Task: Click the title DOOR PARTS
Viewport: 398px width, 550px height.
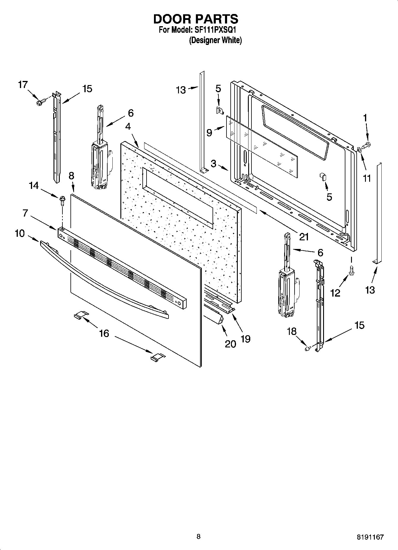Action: [196, 19]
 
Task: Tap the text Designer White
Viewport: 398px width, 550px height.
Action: [215, 40]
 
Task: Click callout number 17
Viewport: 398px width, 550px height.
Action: [23, 85]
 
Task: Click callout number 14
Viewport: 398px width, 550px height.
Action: [34, 186]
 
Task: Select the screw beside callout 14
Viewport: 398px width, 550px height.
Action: [62, 200]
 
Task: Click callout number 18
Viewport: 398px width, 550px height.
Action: [292, 331]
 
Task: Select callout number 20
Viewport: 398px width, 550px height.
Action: [230, 344]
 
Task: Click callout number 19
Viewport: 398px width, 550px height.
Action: [246, 339]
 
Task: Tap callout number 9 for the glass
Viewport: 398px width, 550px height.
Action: [209, 133]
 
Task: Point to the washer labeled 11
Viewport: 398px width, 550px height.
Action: [359, 149]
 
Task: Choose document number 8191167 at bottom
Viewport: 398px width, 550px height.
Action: [370, 537]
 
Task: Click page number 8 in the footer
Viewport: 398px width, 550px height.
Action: [199, 536]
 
